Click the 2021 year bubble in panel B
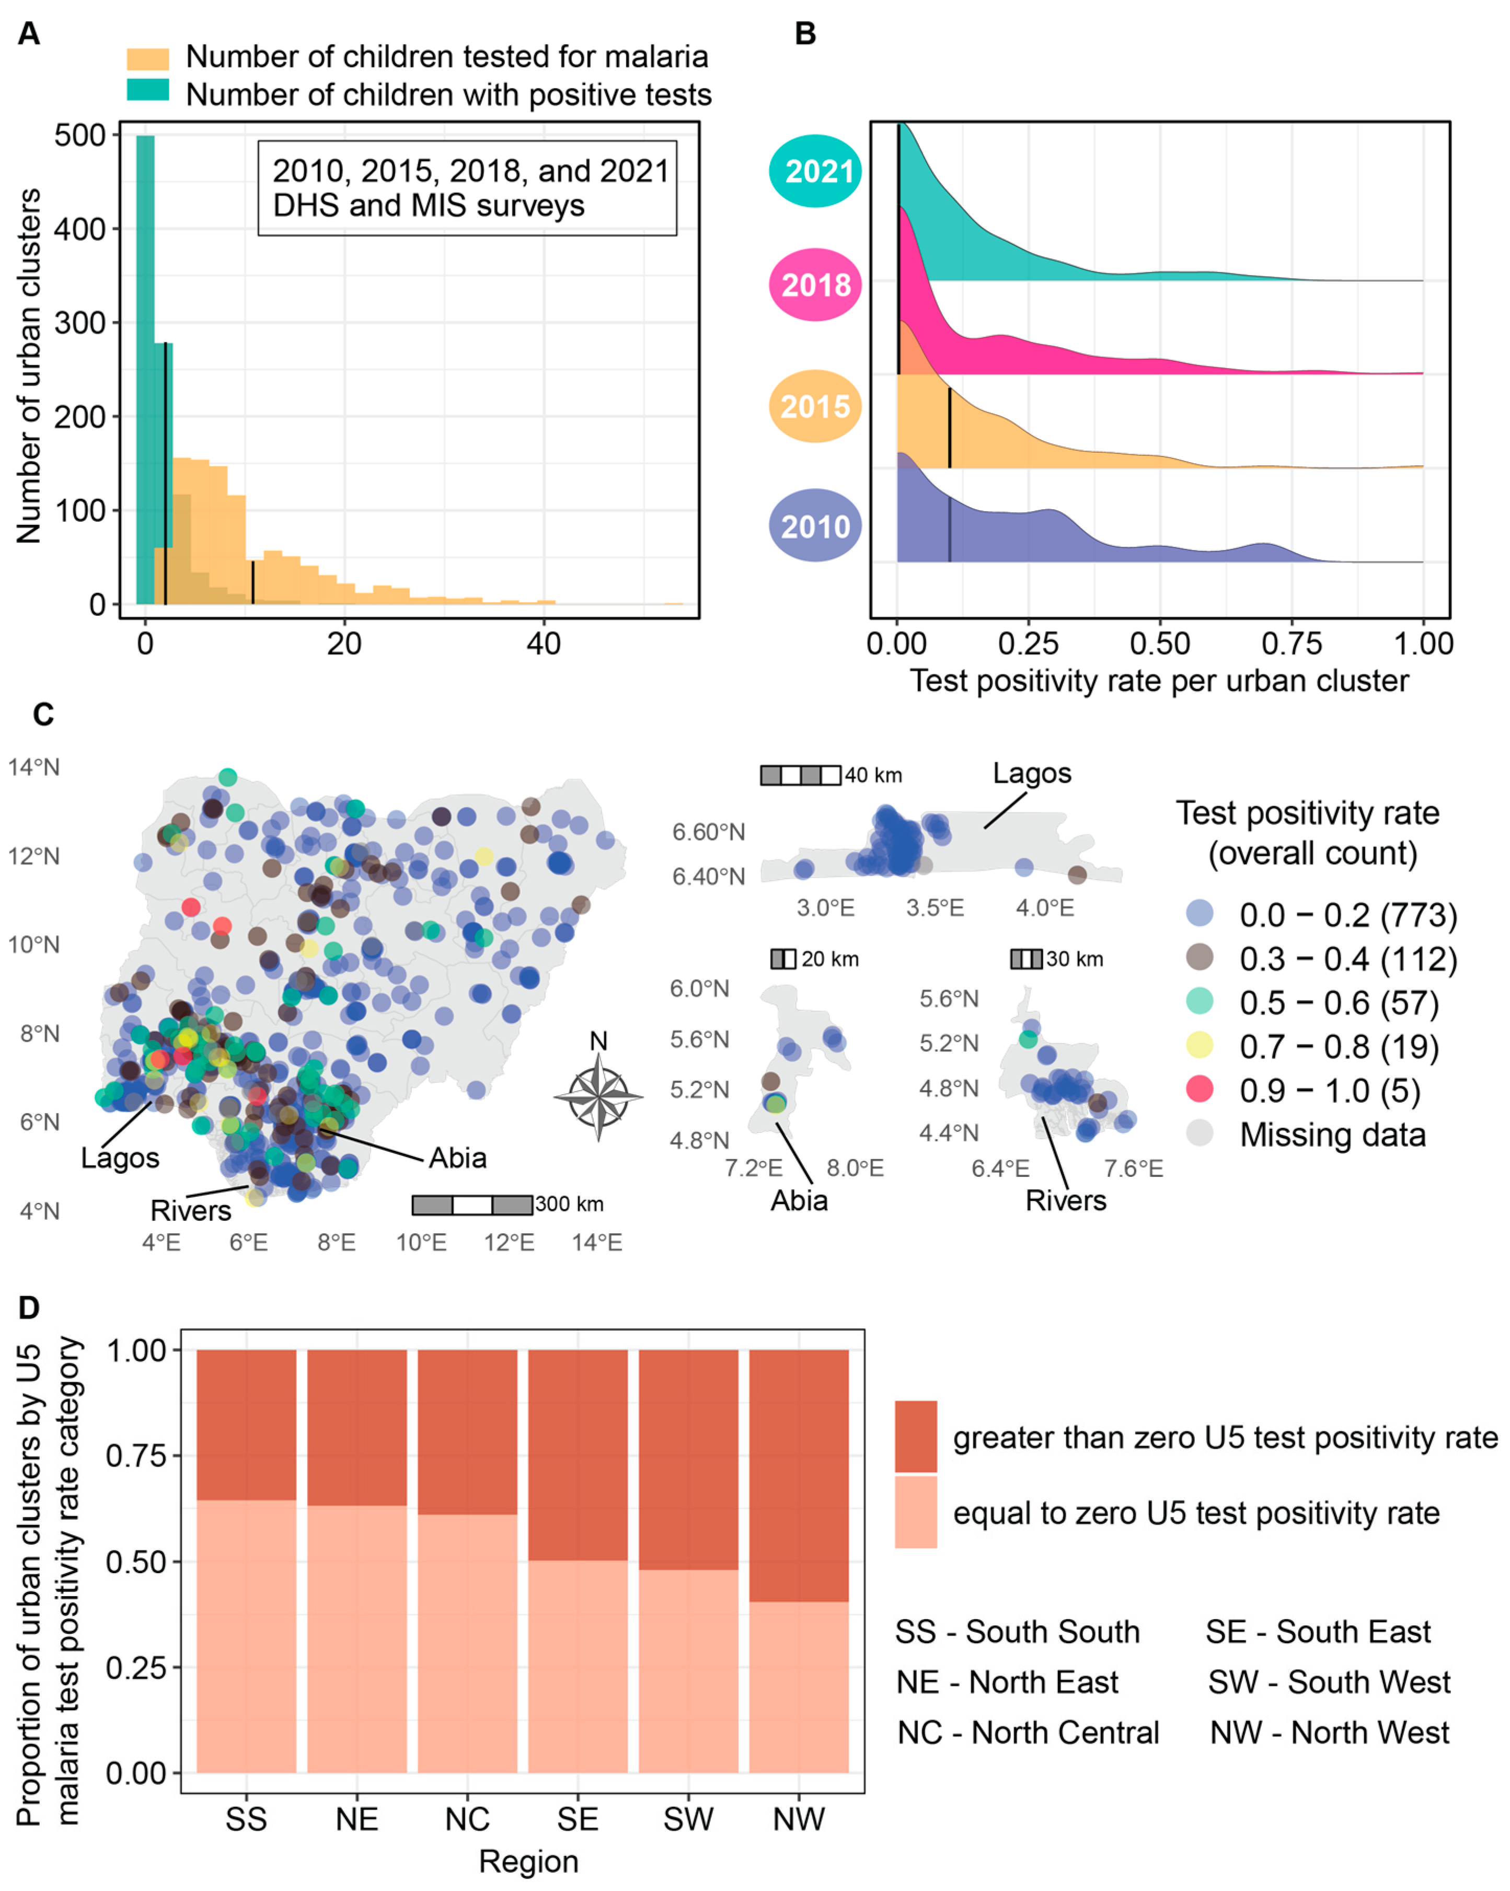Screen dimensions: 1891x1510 tap(815, 171)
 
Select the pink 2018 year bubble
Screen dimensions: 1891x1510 tap(815, 284)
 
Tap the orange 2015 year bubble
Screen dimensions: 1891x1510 tap(815, 406)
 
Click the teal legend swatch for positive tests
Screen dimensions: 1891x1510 tap(147, 90)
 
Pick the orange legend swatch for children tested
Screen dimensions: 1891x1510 tap(147, 58)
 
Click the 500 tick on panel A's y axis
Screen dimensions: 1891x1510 tap(80, 136)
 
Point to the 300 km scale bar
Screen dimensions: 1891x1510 tap(472, 1204)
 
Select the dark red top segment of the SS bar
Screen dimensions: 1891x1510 tap(246, 1425)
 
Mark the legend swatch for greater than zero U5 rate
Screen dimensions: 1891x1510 tap(916, 1437)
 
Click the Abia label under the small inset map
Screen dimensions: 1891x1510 tap(799, 1200)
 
